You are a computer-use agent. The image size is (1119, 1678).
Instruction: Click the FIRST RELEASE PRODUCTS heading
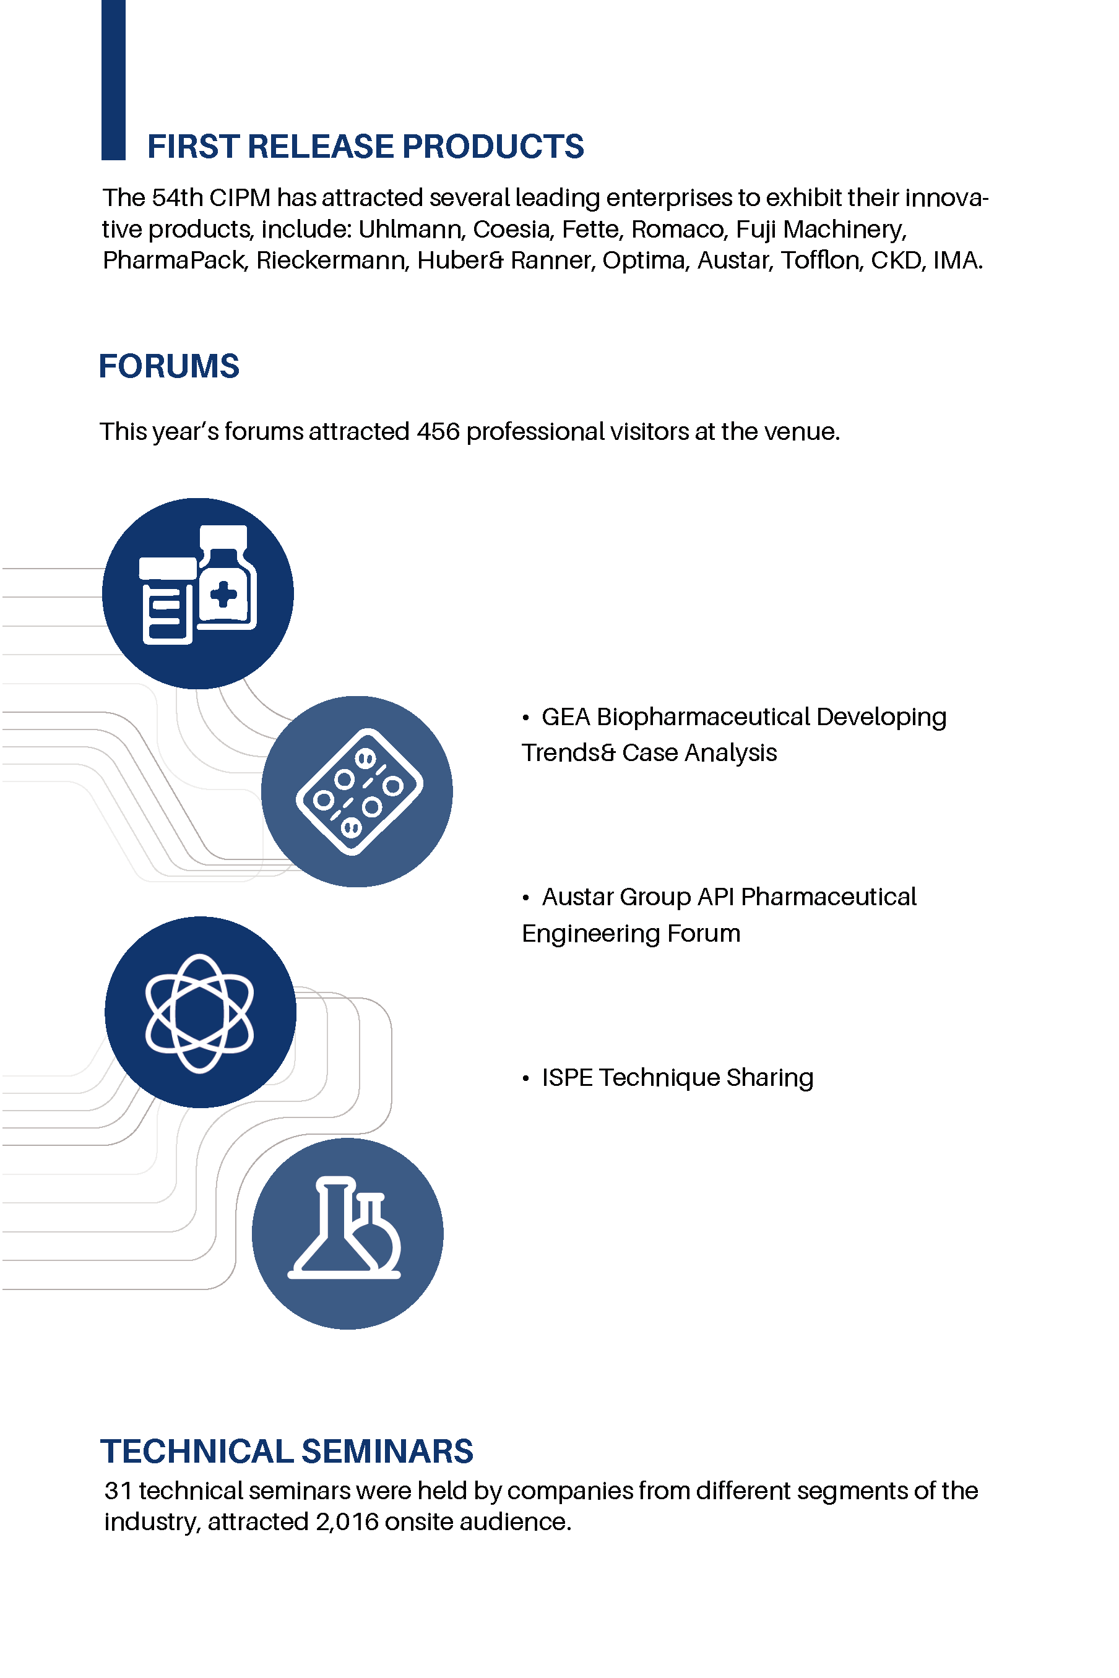point(365,146)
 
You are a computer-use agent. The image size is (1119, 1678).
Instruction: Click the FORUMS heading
point(169,366)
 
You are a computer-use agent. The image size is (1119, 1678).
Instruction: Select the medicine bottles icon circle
point(197,593)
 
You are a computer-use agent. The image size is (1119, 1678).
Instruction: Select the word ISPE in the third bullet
point(568,1077)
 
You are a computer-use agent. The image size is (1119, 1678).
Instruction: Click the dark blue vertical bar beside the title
point(113,80)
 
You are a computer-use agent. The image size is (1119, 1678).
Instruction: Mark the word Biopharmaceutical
point(704,717)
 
